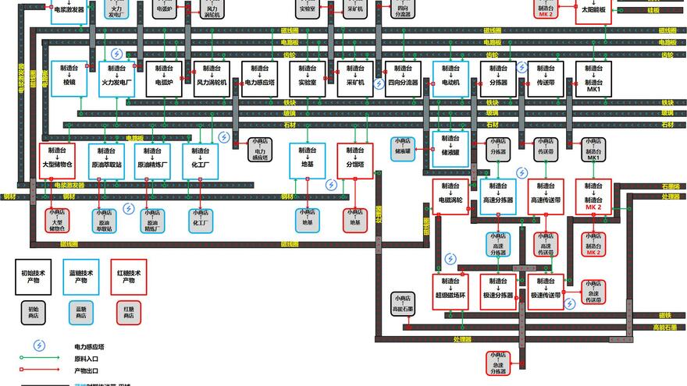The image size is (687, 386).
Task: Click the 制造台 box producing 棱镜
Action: pyautogui.click(x=69, y=78)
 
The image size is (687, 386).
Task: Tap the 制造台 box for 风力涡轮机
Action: pyautogui.click(x=211, y=78)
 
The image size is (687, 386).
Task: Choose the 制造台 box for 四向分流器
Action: pyautogui.click(x=403, y=78)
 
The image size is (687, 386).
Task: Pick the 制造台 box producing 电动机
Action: pyautogui.click(x=450, y=78)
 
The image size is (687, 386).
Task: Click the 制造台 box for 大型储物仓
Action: pyautogui.click(x=58, y=161)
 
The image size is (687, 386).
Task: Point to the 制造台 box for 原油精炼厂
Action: pyautogui.click(x=152, y=161)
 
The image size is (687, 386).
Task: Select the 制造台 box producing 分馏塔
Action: pyautogui.click(x=355, y=161)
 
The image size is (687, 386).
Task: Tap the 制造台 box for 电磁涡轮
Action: pyautogui.click(x=450, y=197)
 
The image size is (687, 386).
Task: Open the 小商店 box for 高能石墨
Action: pyautogui.click(x=403, y=304)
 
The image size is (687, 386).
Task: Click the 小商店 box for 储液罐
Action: pyautogui.click(x=403, y=148)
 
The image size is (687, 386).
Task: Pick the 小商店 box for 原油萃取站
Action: pyautogui.click(x=105, y=220)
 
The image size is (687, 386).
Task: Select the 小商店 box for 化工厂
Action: pyautogui.click(x=200, y=220)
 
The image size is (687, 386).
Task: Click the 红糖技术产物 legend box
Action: pyautogui.click(x=129, y=277)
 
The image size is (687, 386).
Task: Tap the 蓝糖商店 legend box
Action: pyautogui.click(x=81, y=313)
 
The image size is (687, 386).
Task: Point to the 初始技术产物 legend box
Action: pyautogui.click(x=33, y=277)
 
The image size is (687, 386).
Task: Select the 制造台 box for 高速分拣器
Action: pyautogui.click(x=498, y=197)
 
